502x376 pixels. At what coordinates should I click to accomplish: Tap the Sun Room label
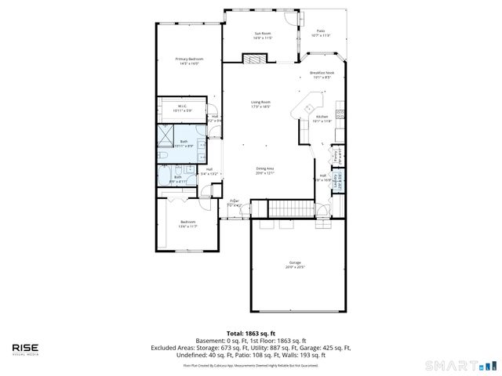[x=262, y=34]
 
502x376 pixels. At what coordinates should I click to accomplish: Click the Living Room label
[x=260, y=103]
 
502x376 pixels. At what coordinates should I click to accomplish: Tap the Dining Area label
[x=265, y=170]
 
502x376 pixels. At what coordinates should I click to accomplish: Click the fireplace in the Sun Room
[x=254, y=59]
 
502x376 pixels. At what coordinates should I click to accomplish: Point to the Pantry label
[x=336, y=154]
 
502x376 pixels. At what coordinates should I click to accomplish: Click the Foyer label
[x=234, y=203]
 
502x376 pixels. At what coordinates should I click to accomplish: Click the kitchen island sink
[x=308, y=107]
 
